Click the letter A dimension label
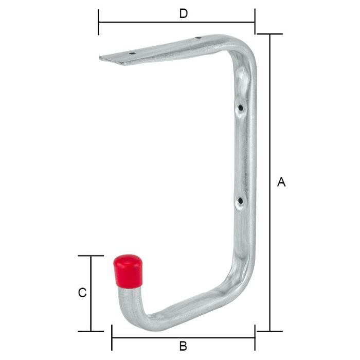tap(281, 182)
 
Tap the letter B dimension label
tap(183, 346)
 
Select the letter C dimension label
tap(81, 293)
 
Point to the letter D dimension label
tap(183, 14)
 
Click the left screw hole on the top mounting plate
tap(132, 52)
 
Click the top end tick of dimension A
tap(269, 34)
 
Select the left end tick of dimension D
tap(99, 23)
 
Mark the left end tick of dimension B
tap(112, 338)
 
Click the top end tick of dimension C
tap(91, 256)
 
